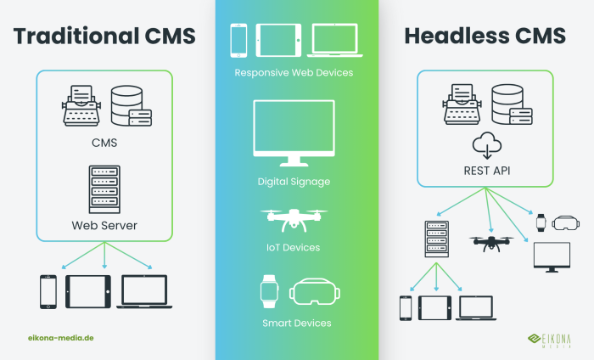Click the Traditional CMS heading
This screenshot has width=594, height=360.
click(104, 36)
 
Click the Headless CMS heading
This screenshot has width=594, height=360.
click(485, 36)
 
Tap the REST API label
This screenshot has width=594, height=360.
click(485, 171)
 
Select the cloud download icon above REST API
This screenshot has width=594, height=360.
click(485, 143)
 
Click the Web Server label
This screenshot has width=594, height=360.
click(104, 225)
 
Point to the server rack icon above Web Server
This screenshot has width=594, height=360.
click(104, 188)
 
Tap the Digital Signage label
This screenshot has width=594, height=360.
click(294, 182)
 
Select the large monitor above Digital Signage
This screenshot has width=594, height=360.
click(294, 133)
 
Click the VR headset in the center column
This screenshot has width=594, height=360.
click(314, 291)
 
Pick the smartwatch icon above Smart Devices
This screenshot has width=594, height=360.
click(269, 290)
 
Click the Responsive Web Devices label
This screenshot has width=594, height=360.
click(294, 73)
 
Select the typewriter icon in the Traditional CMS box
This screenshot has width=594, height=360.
click(82, 106)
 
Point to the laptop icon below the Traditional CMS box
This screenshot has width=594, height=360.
click(144, 291)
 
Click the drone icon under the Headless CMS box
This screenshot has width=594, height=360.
click(491, 243)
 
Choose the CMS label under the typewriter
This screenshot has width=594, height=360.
click(104, 143)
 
